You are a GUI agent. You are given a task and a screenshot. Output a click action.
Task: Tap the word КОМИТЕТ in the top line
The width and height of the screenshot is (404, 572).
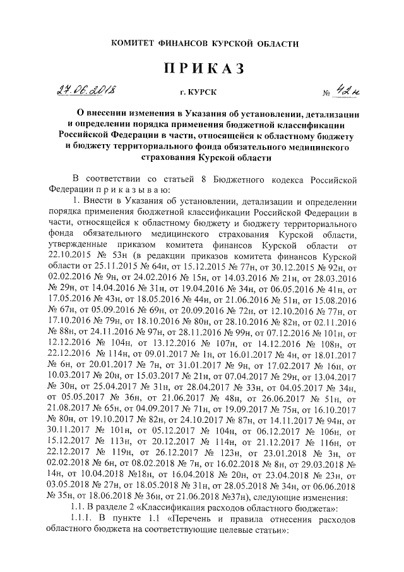pos(133,44)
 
